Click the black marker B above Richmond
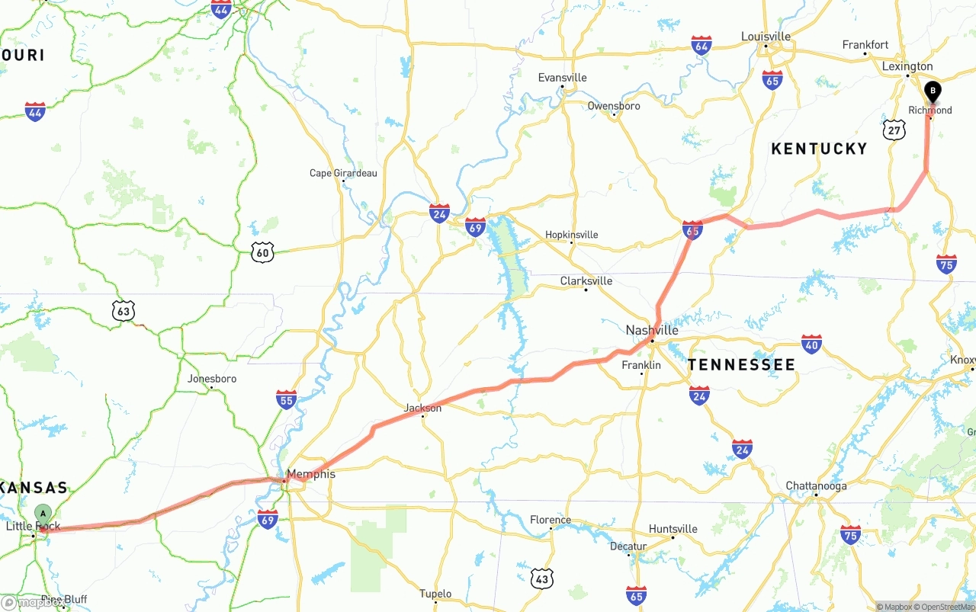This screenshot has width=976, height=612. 932,92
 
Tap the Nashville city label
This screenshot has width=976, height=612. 652,330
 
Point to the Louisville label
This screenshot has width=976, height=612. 766,37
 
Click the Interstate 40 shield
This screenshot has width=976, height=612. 811,344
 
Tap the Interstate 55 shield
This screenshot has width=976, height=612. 286,399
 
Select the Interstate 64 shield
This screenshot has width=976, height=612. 701,45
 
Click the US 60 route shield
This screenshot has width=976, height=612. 262,252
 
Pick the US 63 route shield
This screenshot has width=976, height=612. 123,310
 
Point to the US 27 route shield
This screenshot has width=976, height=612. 894,130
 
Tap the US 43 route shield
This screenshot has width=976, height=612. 541,578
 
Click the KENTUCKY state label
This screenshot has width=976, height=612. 819,149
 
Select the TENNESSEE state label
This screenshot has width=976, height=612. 741,365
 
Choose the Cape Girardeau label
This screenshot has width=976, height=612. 343,173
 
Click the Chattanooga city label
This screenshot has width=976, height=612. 816,485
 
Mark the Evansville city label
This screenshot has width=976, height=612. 562,78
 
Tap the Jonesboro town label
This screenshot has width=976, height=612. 212,378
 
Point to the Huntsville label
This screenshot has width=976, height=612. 673,529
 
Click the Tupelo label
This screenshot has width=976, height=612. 435,594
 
